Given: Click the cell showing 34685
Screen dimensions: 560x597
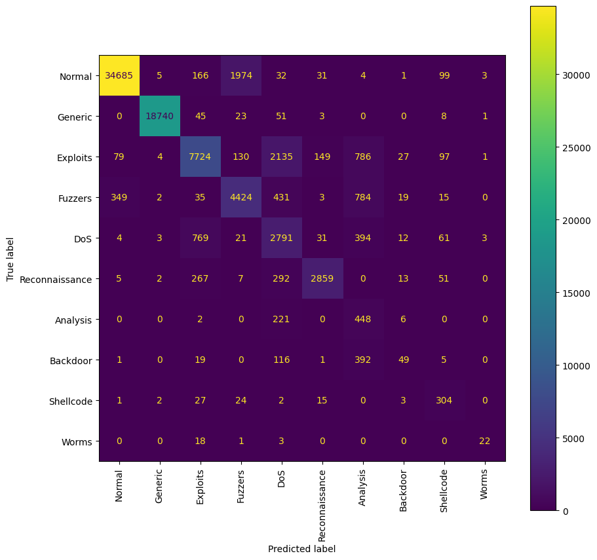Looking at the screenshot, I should coord(119,76).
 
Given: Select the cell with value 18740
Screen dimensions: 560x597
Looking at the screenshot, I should coord(159,117).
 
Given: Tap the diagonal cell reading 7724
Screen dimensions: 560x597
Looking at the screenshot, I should coord(200,157).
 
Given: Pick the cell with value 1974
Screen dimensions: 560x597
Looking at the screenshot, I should coord(241,76).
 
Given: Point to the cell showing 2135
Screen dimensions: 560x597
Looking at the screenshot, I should coord(281,157).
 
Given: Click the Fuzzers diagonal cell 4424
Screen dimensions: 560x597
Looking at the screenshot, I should coord(241,198).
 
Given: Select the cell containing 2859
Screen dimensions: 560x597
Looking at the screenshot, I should coord(322,279).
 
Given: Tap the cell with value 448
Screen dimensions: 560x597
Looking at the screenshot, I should coord(362,320).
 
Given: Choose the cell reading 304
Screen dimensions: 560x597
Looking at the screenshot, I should coord(444,401).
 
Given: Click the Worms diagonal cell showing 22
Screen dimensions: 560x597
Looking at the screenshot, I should coord(484,441).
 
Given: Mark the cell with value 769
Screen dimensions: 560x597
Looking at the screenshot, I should coord(200,238).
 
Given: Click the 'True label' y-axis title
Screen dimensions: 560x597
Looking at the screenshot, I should coord(10,259).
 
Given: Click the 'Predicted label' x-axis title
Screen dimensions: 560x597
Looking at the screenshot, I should coord(301,549).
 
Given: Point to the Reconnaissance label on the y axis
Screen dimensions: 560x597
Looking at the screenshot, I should coord(56,279).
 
